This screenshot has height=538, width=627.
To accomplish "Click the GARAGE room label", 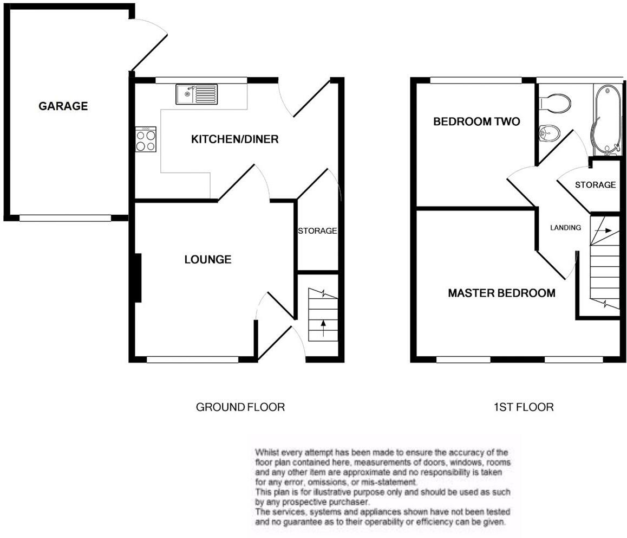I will point(63,106).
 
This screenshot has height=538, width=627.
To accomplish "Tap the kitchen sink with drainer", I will point(196,94).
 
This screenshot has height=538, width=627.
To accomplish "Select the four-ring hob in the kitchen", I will point(146,139).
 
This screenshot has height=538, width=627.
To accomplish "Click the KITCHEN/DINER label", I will point(234,139).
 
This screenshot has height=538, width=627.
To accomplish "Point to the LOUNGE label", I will point(207,260).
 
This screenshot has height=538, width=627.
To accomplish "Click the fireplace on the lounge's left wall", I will point(138,278).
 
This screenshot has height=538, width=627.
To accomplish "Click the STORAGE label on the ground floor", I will point(317,231).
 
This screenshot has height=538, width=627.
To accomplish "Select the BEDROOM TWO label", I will point(476,121).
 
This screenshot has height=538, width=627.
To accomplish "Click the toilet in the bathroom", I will point(556,103).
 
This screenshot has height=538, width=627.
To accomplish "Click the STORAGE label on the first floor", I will point(595,185).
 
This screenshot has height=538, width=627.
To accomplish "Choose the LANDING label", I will point(565,228).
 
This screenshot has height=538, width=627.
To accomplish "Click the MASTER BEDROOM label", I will point(501,293).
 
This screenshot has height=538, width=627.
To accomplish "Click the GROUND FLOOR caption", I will point(240,407).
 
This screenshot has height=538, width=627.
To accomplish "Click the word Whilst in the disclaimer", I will point(267,452).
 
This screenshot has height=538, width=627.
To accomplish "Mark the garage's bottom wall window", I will point(65,218).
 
